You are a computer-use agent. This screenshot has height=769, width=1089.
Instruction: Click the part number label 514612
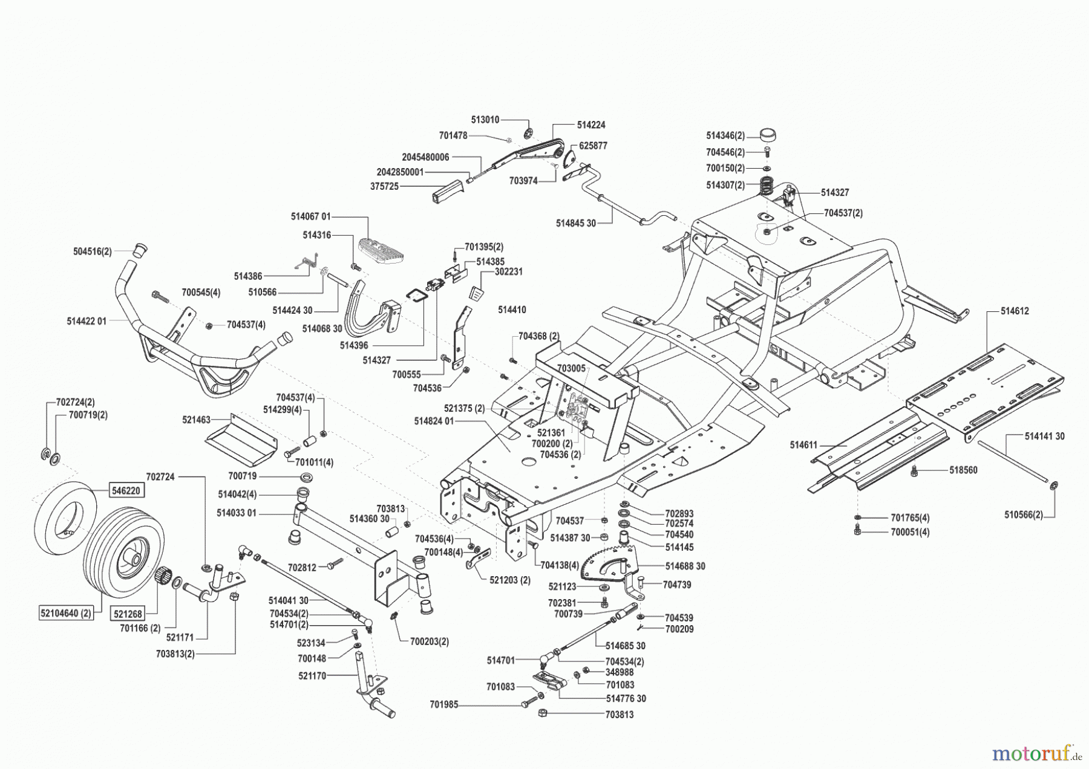pyautogui.click(x=1015, y=311)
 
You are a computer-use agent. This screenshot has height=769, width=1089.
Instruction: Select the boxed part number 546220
pyautogui.click(x=126, y=490)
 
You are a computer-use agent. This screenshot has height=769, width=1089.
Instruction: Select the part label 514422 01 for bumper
pyautogui.click(x=87, y=321)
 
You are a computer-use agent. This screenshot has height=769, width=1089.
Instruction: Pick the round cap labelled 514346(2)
pyautogui.click(x=767, y=134)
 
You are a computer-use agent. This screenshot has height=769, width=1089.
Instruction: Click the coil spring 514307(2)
pyautogui.click(x=768, y=185)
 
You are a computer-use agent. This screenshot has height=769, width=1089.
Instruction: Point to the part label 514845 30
pyautogui.click(x=575, y=223)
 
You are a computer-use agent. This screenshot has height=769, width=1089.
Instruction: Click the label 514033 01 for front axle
pyautogui.click(x=237, y=513)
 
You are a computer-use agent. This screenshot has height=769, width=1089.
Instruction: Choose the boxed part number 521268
pyautogui.click(x=127, y=614)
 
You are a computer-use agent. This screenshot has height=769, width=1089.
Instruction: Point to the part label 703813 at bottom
pyautogui.click(x=620, y=714)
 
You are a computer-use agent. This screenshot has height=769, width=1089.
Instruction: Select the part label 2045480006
pyautogui.click(x=425, y=157)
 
